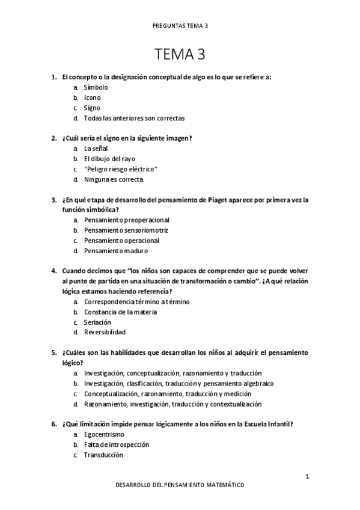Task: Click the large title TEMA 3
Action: coord(180,55)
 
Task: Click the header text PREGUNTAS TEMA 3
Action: coord(180,26)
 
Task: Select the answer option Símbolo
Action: coord(96,87)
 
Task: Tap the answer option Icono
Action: coord(92,97)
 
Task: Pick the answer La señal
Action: coord(96,149)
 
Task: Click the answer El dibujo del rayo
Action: coord(109,159)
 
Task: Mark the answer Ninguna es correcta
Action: coord(114,179)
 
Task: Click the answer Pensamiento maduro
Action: coord(115,251)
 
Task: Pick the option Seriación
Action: coord(97,322)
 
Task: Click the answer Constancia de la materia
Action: coord(120,312)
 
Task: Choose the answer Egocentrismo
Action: coord(104,434)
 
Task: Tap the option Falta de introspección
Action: coord(117,444)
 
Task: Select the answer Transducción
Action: coord(103,455)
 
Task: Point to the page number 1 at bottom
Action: coord(307,477)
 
